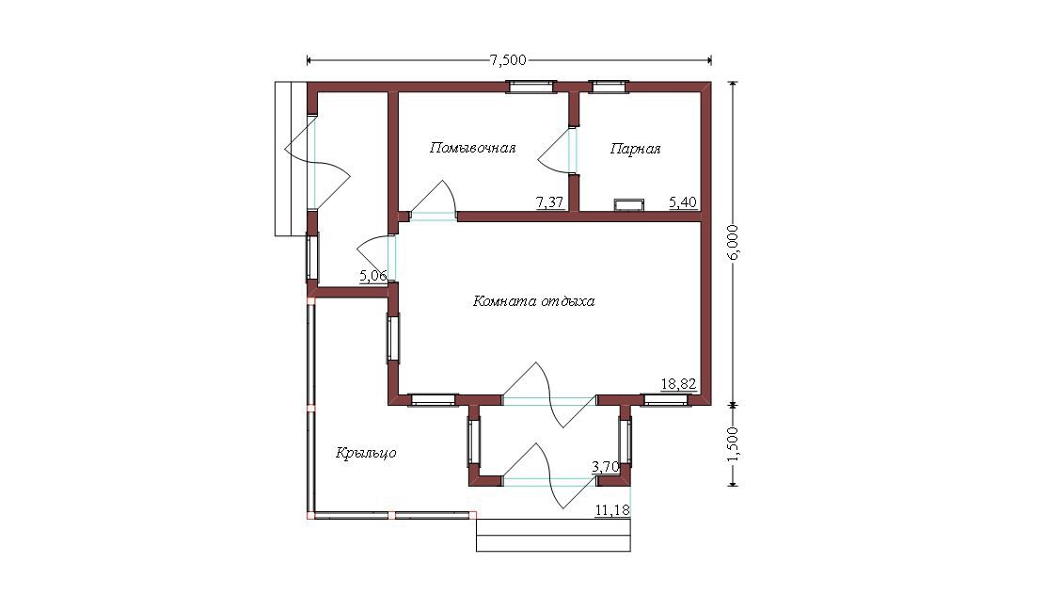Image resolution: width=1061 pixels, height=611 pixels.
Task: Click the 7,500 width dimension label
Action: click(x=508, y=60)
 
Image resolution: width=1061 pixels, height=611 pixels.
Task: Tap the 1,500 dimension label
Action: click(x=735, y=443)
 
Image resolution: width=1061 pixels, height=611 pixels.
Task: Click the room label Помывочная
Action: click(x=473, y=148)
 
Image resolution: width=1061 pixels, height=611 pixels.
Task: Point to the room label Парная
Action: click(x=636, y=149)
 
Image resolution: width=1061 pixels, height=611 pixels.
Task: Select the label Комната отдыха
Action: click(x=534, y=300)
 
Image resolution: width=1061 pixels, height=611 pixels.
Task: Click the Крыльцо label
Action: click(x=366, y=453)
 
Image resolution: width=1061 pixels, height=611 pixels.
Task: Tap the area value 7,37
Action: click(x=549, y=201)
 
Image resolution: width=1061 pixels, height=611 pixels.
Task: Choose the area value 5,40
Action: click(x=683, y=201)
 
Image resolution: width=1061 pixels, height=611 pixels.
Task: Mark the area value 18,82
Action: click(x=679, y=384)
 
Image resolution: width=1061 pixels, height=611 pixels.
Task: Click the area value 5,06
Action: click(x=372, y=275)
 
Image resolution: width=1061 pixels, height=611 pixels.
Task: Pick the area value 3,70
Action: click(x=605, y=466)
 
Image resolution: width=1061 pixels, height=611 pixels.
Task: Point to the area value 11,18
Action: click(x=612, y=510)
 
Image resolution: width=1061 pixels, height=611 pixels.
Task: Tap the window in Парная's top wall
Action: click(x=609, y=86)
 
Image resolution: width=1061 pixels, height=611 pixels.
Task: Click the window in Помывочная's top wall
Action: click(x=531, y=86)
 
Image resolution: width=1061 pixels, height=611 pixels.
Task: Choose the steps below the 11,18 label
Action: click(x=553, y=535)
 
